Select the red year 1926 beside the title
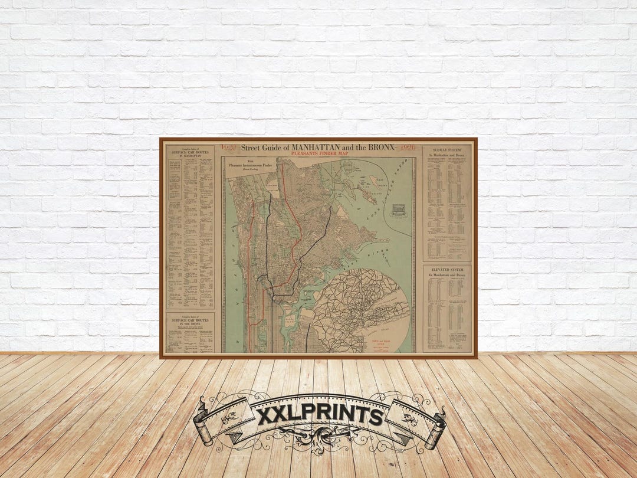pyautogui.click(x=408, y=148)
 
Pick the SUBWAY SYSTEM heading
pyautogui.click(x=447, y=150)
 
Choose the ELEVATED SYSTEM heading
pyautogui.click(x=447, y=270)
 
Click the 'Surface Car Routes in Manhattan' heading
pyautogui.click(x=190, y=151)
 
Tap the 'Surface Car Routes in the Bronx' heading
pyautogui.click(x=190, y=319)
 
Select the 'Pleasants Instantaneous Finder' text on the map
pyautogui.click(x=254, y=169)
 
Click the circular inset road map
pyautogui.click(x=360, y=310)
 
